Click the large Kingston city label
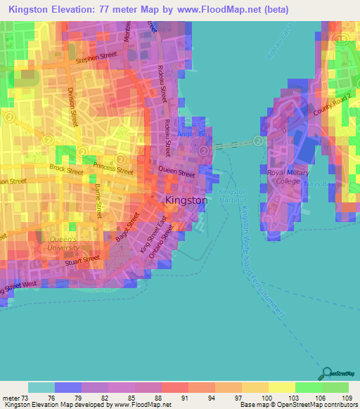point(186,200)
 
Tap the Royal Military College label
point(283,176)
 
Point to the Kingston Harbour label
point(233,196)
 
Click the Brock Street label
point(66,169)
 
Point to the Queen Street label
point(176,171)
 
